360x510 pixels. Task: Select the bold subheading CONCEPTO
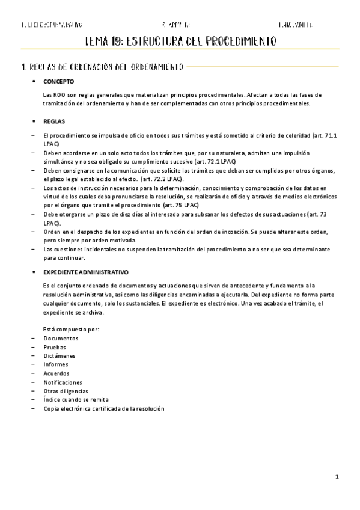coord(59,81)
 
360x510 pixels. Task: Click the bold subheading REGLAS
coord(54,121)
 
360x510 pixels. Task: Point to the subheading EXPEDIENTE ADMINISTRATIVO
coord(86,272)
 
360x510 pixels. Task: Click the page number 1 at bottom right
coord(338,476)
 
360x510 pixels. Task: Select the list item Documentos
coord(61,339)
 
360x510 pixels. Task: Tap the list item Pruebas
coord(55,348)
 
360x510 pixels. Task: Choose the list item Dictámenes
coord(59,356)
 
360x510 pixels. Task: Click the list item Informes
coord(56,364)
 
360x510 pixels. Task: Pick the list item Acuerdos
coord(56,373)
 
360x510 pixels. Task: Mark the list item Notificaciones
coord(63,382)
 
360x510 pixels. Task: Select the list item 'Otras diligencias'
coord(66,391)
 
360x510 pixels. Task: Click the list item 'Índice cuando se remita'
coord(76,399)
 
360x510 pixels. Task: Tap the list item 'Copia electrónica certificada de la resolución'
coord(104,408)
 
